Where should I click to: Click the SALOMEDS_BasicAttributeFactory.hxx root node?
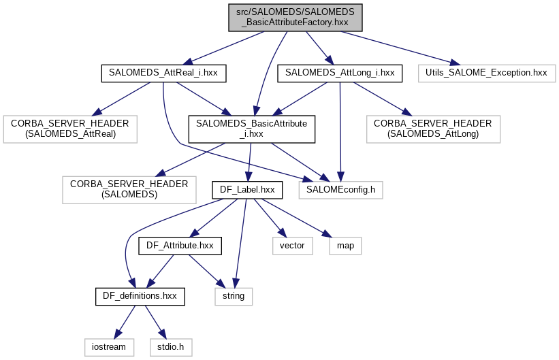[295, 16]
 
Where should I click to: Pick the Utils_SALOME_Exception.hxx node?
[486, 72]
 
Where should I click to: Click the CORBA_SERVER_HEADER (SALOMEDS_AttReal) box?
[71, 129]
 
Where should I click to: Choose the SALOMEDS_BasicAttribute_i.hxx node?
[251, 129]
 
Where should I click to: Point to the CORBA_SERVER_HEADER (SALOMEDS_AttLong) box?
[432, 129]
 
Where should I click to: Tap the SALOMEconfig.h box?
[340, 189]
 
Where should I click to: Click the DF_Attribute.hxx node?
[180, 245]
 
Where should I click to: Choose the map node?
[345, 245]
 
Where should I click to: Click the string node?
[234, 296]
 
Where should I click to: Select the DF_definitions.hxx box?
[140, 296]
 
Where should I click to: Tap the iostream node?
[106, 346]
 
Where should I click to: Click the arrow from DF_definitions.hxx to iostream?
[124, 321]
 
